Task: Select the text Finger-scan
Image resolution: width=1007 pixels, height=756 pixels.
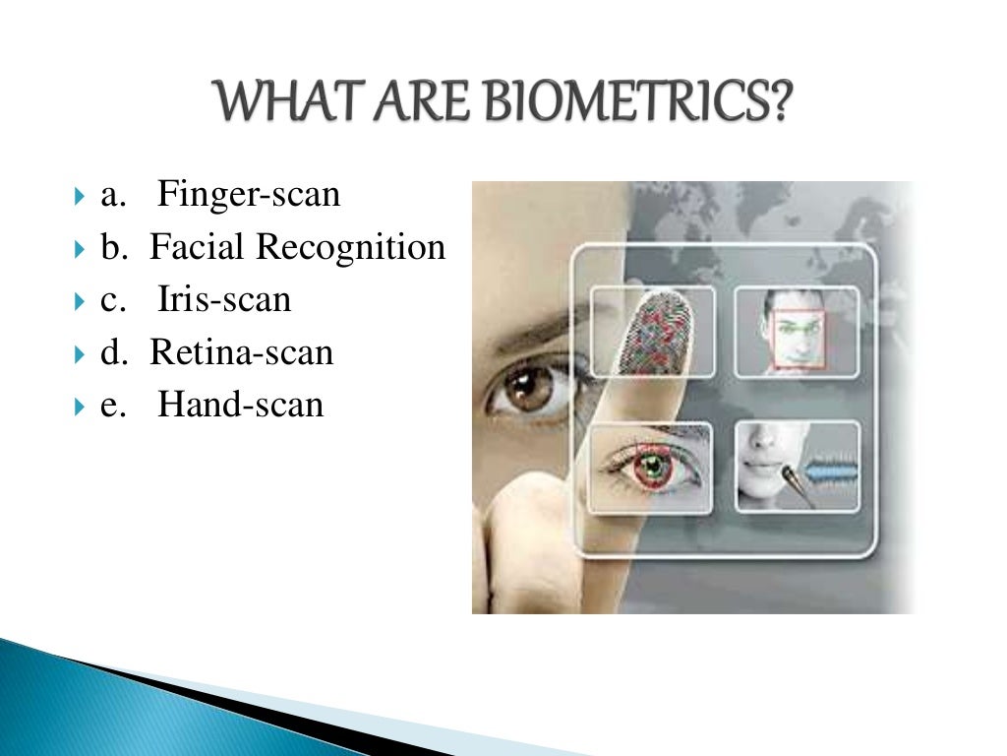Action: click(249, 195)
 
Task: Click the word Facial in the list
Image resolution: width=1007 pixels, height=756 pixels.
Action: click(197, 247)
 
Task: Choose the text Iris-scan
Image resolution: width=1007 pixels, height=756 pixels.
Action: click(224, 299)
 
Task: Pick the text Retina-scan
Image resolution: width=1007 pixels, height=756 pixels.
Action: click(241, 351)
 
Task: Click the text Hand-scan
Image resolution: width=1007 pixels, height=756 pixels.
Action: click(240, 404)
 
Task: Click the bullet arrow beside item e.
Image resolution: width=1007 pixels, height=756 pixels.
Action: click(80, 405)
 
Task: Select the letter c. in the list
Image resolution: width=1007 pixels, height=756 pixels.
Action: click(113, 300)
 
